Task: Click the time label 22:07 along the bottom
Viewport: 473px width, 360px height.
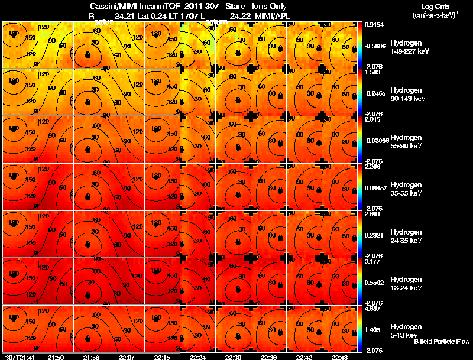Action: (126, 357)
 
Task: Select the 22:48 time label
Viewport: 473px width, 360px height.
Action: (339, 357)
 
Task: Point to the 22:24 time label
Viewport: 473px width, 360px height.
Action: (197, 357)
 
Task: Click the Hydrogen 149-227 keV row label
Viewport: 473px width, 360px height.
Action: (409, 47)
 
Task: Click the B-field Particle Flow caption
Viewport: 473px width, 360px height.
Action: (441, 342)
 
